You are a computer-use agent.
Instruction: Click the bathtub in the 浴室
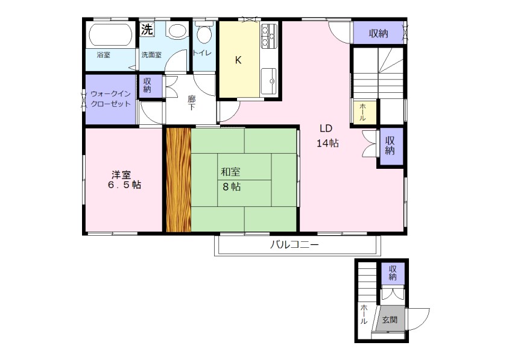pos(110,35)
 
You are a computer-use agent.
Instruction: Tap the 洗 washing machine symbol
pos(147,30)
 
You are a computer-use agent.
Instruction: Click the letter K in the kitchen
pos(238,60)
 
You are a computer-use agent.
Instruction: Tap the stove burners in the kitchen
pos(269,37)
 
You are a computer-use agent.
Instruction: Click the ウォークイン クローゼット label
pos(110,99)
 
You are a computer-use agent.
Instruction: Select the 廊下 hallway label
pos(192,103)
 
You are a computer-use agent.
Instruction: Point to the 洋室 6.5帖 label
pos(124,180)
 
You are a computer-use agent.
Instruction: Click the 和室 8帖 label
pos(231,179)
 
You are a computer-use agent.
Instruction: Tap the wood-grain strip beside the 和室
pos(179,180)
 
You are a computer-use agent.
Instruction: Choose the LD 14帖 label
pos(327,136)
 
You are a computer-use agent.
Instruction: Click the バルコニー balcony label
pos(295,244)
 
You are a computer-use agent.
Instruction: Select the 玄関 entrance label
pos(390,320)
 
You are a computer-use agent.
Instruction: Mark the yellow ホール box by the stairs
pos(363,112)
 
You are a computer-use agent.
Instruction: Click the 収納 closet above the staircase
pos(378,33)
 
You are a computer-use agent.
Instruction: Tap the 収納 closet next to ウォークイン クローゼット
pos(147,86)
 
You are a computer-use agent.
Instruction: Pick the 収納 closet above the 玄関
pos(393,273)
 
